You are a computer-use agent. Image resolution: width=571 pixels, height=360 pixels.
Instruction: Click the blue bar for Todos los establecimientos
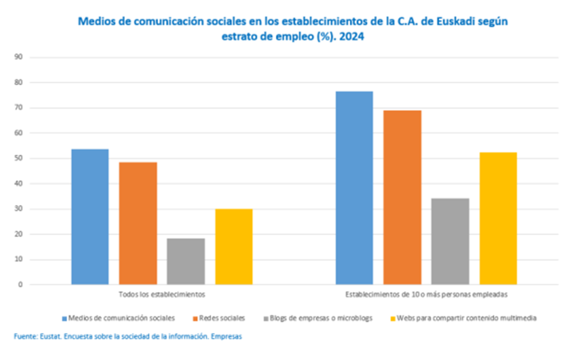[x=90, y=217]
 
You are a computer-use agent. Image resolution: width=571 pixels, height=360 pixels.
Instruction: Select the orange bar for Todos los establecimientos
[x=138, y=224]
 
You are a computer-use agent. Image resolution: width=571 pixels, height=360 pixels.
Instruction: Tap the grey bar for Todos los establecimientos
[x=186, y=261]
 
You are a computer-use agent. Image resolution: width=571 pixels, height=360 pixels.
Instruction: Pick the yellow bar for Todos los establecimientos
[x=233, y=246]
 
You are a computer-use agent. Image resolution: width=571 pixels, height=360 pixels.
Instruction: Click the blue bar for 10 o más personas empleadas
[x=354, y=188]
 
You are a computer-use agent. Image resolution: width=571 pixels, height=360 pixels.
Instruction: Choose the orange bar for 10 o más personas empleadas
[x=403, y=198]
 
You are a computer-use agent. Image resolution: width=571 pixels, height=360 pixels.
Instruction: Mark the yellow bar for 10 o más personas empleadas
[x=498, y=219]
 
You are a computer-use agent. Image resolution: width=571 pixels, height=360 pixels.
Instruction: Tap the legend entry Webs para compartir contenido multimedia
[x=464, y=317]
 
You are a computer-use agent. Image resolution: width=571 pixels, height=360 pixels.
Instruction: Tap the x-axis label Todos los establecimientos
[x=161, y=294]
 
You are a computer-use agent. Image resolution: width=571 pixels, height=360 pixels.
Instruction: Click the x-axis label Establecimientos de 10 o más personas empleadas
[x=426, y=294]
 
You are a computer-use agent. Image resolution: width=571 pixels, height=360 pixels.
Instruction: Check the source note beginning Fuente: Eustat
[x=128, y=336]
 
